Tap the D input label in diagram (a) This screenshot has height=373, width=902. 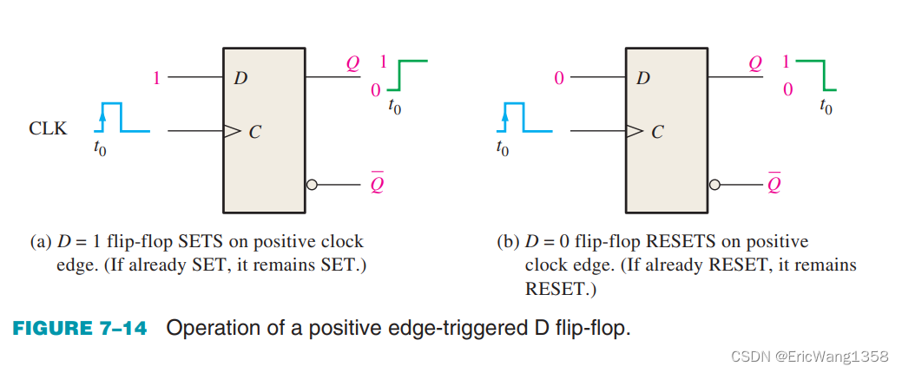tap(240, 79)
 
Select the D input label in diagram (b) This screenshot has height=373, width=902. tap(643, 79)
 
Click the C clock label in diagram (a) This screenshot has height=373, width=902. tap(253, 133)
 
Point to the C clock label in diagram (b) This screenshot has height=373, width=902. tap(657, 133)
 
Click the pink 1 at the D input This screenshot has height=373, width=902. tap(156, 78)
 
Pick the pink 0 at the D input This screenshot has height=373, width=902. tap(559, 78)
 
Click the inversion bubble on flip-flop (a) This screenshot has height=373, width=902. tap(311, 185)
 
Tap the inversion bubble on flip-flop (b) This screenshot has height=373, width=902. tap(714, 185)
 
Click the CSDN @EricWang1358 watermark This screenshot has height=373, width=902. tap(809, 357)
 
